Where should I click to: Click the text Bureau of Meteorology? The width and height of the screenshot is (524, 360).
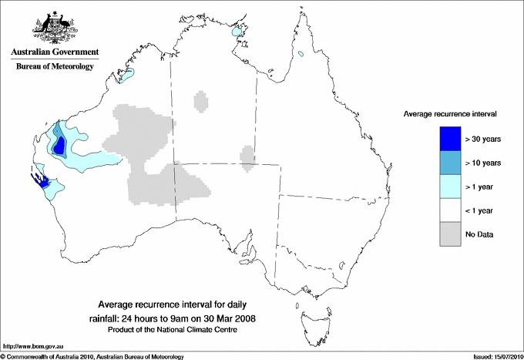[54, 67]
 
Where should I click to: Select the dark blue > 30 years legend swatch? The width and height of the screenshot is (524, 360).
[450, 139]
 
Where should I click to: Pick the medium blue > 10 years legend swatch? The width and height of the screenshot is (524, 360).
[450, 163]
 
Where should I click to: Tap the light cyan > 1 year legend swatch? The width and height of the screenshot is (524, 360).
[450, 187]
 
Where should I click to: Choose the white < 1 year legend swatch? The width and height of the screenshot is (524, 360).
[450, 210]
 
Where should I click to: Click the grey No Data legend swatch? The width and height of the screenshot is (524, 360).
[450, 234]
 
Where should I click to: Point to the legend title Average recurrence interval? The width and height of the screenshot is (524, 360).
[449, 113]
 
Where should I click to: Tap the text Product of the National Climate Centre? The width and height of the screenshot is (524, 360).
[178, 330]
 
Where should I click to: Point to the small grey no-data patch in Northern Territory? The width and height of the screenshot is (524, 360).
[201, 101]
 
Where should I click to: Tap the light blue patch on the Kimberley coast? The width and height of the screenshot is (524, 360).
[126, 76]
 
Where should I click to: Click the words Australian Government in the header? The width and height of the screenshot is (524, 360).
[54, 52]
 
